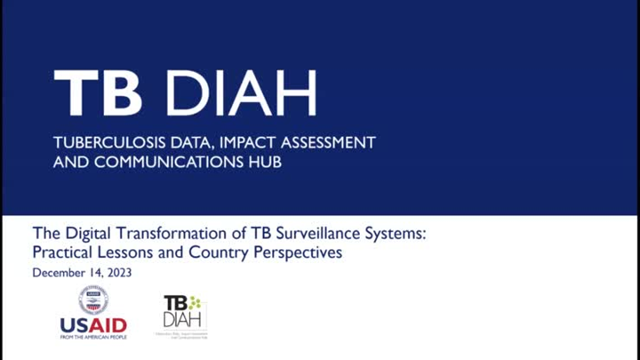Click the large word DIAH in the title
coord(240,92)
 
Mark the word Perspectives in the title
coord(299,253)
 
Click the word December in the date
coord(61,273)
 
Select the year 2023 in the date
coord(118,273)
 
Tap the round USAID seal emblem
coord(93,300)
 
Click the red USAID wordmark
coord(93,324)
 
